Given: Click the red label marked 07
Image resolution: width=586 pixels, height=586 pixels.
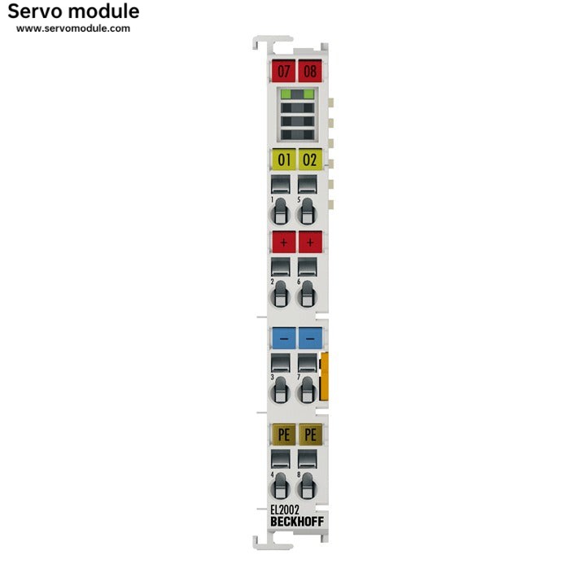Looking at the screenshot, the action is tap(283, 71).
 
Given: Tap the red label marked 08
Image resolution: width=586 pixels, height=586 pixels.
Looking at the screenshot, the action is tap(310, 71).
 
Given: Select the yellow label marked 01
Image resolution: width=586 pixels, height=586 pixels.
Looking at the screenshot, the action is tap(284, 160).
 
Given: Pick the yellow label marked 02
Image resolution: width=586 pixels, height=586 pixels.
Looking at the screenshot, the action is tap(310, 160).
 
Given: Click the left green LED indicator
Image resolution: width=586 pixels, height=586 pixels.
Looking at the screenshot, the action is tap(286, 94).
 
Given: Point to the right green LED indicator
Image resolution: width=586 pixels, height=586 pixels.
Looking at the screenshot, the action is tap(308, 94).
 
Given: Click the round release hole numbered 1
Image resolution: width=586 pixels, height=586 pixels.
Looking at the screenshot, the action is tap(280, 212).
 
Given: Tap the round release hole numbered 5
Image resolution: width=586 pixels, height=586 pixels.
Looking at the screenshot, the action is tap(307, 212).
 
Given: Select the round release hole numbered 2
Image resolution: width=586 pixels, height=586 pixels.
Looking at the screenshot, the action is tap(280, 295).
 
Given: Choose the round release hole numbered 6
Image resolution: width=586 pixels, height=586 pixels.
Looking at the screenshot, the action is tap(307, 295).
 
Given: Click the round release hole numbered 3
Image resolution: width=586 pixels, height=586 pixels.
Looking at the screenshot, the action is tap(280, 391).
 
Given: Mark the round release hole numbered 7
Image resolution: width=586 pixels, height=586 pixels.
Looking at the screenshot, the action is tap(307, 391).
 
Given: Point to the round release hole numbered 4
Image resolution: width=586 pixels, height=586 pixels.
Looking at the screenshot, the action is tap(280, 487).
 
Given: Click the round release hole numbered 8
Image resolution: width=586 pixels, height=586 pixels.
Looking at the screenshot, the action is tap(307, 487).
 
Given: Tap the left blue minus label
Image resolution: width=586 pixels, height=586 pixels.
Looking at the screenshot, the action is tap(284, 339).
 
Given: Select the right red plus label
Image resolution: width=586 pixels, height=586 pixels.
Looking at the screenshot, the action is tap(310, 243).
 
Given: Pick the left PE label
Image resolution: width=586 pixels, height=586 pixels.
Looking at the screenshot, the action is tap(284, 435).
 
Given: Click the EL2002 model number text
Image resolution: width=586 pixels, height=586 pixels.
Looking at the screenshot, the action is tap(285, 509).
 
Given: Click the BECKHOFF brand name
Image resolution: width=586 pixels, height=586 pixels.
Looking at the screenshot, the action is tap(297, 522).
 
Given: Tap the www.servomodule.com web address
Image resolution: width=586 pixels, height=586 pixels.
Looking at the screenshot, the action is tap(73, 28).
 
